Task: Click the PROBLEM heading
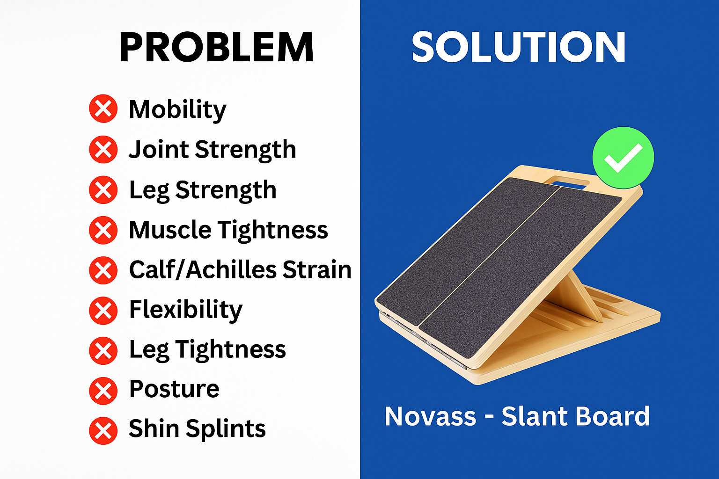216,47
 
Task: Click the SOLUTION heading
519,47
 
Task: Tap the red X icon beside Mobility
103,109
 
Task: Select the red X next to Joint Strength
103,149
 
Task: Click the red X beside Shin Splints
103,430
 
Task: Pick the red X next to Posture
103,391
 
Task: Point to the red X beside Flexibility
103,310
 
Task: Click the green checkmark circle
623,158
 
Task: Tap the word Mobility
177,110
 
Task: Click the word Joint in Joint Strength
159,150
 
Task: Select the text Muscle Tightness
228,230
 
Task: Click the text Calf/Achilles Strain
240,269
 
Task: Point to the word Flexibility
185,310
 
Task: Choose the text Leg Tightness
207,350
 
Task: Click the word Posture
174,389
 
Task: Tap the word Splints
226,429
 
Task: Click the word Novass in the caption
431,416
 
